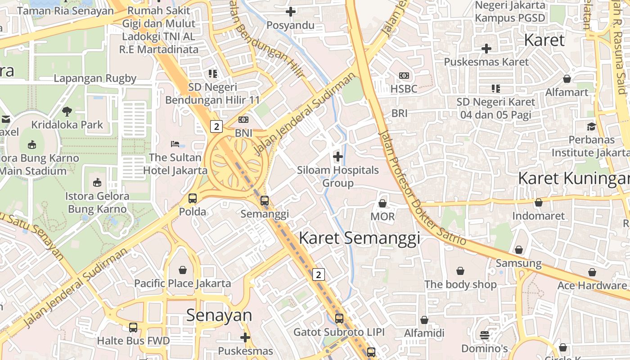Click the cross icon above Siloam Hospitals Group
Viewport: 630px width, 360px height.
[x=337, y=157]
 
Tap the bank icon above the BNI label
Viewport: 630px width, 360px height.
[x=243, y=120]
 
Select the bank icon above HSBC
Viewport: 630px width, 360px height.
[x=404, y=76]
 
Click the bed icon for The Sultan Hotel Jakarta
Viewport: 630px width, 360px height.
[x=175, y=144]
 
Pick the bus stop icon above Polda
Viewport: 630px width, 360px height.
[x=193, y=198]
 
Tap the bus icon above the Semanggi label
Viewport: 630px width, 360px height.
[x=265, y=201]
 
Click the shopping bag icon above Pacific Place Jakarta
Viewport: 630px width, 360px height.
[x=183, y=270]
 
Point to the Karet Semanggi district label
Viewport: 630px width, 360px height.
[x=359, y=238]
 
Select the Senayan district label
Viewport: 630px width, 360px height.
[x=219, y=315]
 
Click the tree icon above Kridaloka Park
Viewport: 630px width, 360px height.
[x=67, y=111]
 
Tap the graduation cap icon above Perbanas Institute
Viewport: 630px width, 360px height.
[x=591, y=126]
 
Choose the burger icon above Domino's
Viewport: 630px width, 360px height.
[x=485, y=335]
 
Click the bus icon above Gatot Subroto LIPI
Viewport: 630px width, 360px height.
[x=339, y=319]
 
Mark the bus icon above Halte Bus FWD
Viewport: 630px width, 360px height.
[x=133, y=327]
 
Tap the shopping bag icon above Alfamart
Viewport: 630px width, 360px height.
[x=567, y=79]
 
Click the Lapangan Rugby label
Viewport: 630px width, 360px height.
[x=95, y=78]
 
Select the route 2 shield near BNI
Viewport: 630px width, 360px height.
[x=216, y=126]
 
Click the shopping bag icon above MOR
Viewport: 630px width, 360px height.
[x=382, y=203]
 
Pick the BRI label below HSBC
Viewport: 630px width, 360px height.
[x=399, y=113]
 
